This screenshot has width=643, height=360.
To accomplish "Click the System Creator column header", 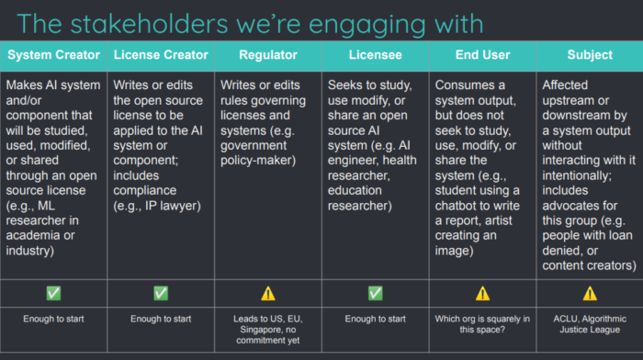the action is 53,55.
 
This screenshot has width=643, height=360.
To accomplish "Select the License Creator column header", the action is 161,55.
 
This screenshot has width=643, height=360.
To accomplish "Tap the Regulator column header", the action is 268,55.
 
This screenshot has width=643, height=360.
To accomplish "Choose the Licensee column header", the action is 375,55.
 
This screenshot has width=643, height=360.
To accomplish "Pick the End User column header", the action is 482,55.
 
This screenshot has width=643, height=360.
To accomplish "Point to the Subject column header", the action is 590,55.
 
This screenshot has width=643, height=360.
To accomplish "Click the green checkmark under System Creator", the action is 53,293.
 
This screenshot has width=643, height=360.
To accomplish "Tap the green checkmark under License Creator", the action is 161,293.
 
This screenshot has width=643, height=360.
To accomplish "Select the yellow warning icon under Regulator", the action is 268,294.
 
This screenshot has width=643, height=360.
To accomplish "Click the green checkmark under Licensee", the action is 375,293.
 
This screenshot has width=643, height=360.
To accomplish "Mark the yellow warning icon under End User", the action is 482,294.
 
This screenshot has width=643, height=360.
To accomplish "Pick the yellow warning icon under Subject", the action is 590,294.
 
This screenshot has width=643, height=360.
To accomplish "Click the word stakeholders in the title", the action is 149,24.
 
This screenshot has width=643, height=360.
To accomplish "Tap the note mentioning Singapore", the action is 268,330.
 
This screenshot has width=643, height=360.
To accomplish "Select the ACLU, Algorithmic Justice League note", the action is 590,324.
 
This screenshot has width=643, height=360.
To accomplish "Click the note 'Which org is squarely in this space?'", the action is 482,324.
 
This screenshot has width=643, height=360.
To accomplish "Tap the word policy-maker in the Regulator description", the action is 258,161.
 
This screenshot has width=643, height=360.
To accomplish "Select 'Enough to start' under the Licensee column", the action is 375,319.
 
